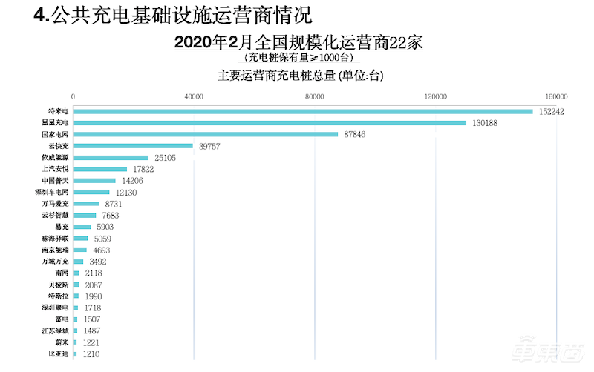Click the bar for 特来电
tap(303, 111)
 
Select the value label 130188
tap(488, 123)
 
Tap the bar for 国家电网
tap(206, 134)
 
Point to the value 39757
tap(211, 146)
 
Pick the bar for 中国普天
tap(94, 180)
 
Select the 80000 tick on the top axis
tap(314, 96)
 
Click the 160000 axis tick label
tap(556, 96)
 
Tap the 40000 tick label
tap(194, 96)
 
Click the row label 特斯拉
tap(57, 296)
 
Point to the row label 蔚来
tap(62, 342)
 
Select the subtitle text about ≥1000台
tap(300, 57)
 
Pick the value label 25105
tap(163, 158)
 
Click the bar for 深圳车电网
tap(91, 192)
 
